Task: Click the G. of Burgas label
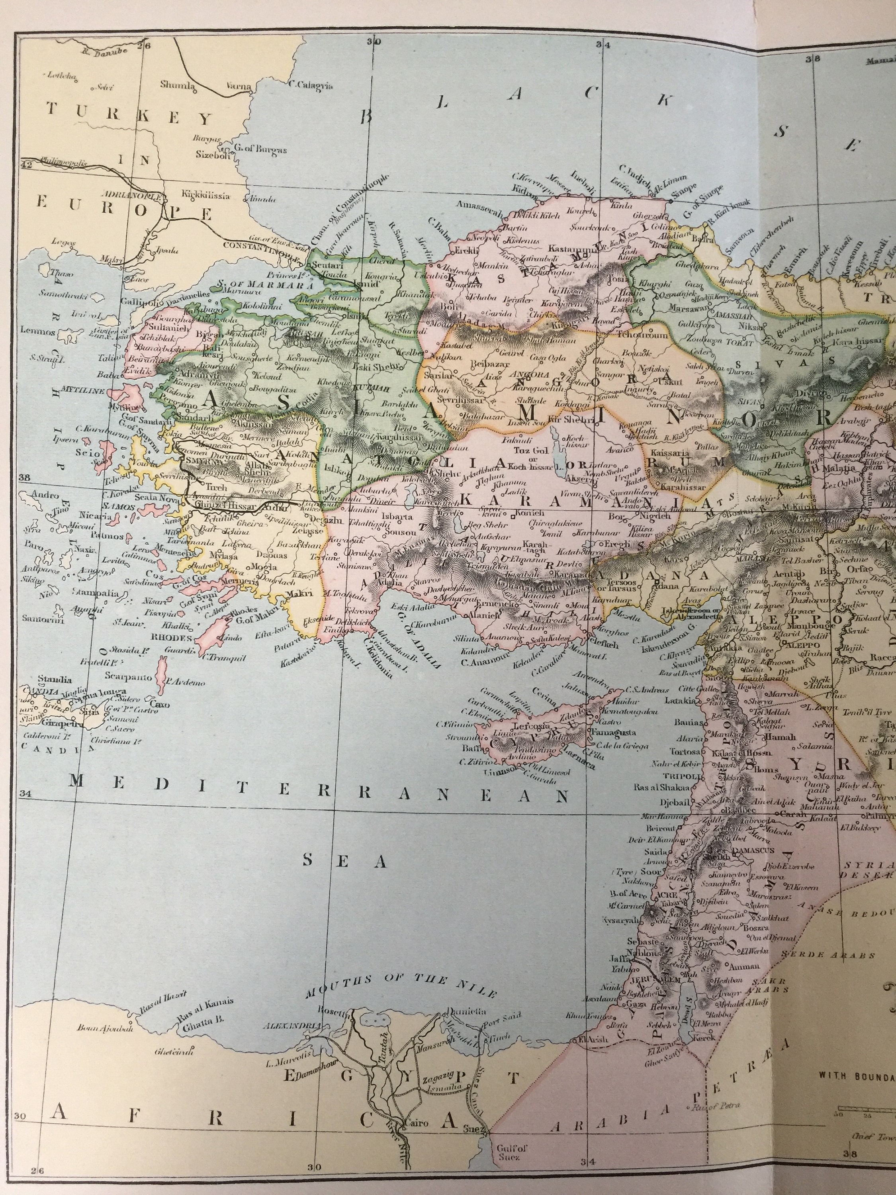pos(261,150)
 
